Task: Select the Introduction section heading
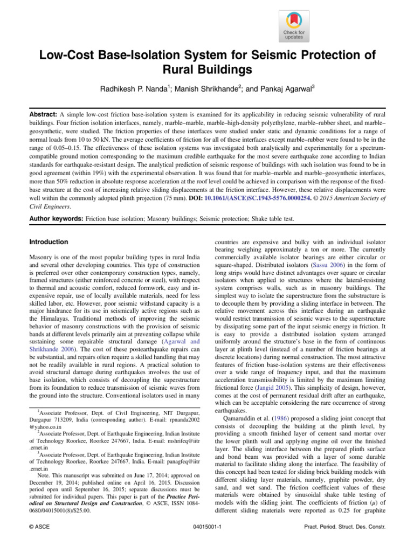coord(49,242)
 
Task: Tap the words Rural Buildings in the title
coord(207,70)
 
